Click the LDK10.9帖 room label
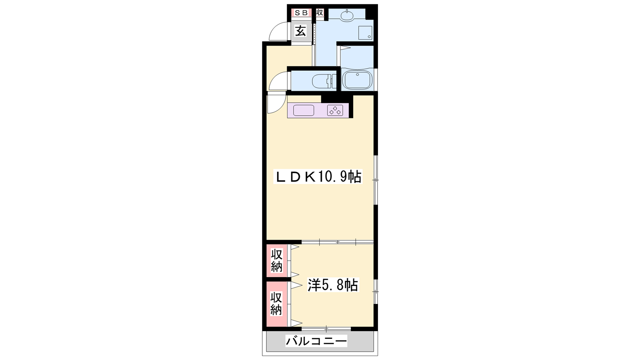(x=318, y=176)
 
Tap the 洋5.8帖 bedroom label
(x=333, y=285)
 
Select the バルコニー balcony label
(x=316, y=340)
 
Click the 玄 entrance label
(x=300, y=31)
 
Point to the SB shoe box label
(x=301, y=13)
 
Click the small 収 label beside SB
(x=320, y=12)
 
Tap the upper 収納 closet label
(x=276, y=260)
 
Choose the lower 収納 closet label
(x=276, y=303)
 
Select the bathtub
(x=357, y=80)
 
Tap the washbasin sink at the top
(x=347, y=16)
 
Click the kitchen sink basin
(x=304, y=110)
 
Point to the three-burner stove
(x=335, y=110)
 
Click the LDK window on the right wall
(x=376, y=180)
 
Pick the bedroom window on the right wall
(x=376, y=292)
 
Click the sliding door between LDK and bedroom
(x=338, y=242)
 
